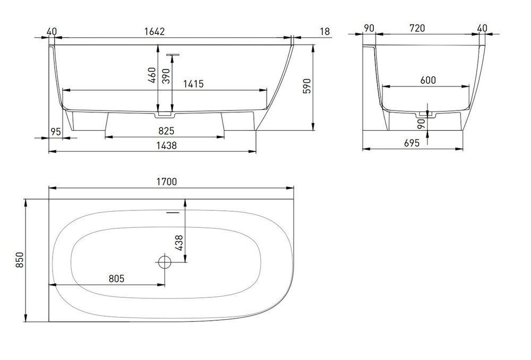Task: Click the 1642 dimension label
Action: click(x=155, y=31)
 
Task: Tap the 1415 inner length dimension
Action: click(x=193, y=84)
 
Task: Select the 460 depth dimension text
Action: click(x=152, y=75)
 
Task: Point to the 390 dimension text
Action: click(x=166, y=76)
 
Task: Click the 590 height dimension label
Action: click(x=306, y=87)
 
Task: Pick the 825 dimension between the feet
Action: click(x=166, y=131)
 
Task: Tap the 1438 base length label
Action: click(x=167, y=145)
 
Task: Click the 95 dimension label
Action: click(x=56, y=131)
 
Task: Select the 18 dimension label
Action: click(x=324, y=31)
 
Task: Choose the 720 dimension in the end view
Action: click(x=417, y=28)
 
